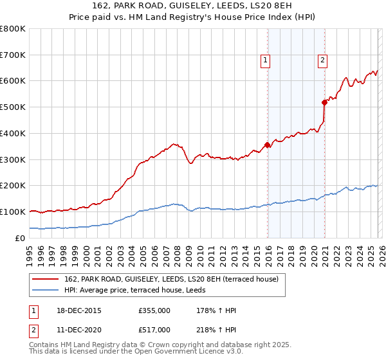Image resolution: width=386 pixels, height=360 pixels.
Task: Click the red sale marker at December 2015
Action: point(268,145)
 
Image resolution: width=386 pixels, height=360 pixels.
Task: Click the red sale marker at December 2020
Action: point(324,102)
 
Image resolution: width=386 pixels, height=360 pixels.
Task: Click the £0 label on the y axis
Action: point(20,238)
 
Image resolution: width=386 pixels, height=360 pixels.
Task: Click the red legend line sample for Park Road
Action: point(45,279)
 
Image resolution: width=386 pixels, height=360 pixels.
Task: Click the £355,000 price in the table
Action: point(154,310)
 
